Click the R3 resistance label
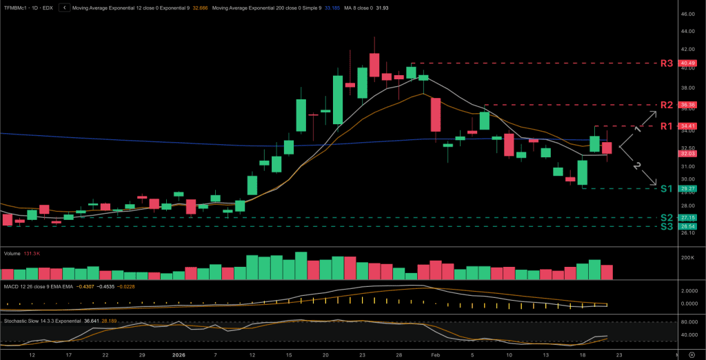point(666,63)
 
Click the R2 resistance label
point(666,105)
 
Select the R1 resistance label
point(666,126)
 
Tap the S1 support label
point(666,188)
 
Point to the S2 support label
point(666,218)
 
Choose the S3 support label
point(666,226)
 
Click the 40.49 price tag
point(687,63)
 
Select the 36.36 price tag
point(687,105)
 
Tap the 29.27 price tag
point(687,188)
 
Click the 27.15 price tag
point(687,218)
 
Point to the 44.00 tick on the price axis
point(687,32)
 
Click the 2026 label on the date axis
point(178,354)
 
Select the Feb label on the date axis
point(436,354)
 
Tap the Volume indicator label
point(12,253)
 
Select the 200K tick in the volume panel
point(687,257)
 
